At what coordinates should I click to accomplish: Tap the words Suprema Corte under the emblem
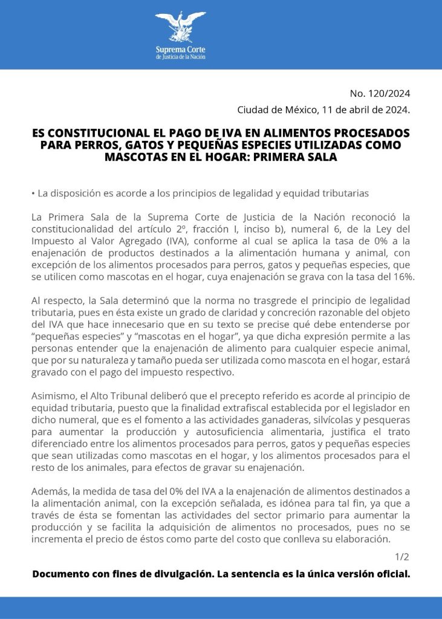tap(181, 50)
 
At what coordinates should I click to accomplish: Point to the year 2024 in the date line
tap(397, 110)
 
